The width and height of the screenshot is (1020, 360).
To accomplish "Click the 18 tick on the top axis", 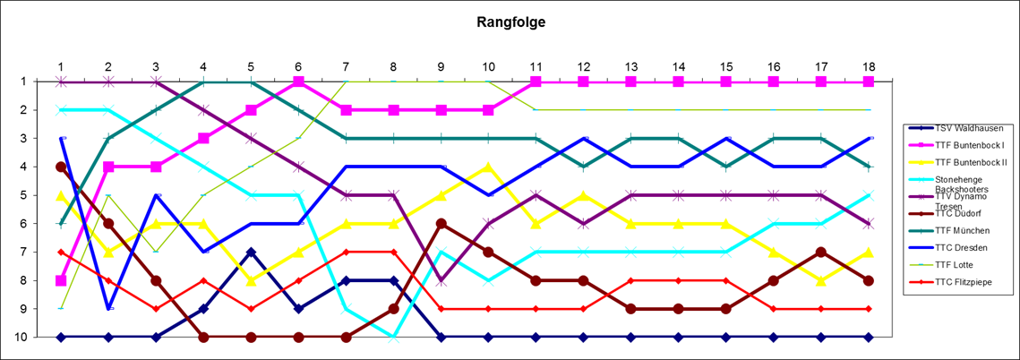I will (x=868, y=66).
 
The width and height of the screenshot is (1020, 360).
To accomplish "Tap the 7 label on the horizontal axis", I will (x=346, y=66).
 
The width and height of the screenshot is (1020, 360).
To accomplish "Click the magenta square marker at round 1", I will (x=61, y=280).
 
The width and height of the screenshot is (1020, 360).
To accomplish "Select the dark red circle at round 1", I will (x=61, y=167).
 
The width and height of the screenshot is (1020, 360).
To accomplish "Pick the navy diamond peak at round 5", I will (x=251, y=252).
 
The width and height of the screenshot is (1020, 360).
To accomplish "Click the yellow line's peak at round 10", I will (x=488, y=167).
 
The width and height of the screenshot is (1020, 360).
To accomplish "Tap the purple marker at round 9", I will (x=441, y=280).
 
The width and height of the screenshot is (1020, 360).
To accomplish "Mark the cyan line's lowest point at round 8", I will (x=393, y=337).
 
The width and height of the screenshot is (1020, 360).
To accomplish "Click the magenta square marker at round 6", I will (x=298, y=81).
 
